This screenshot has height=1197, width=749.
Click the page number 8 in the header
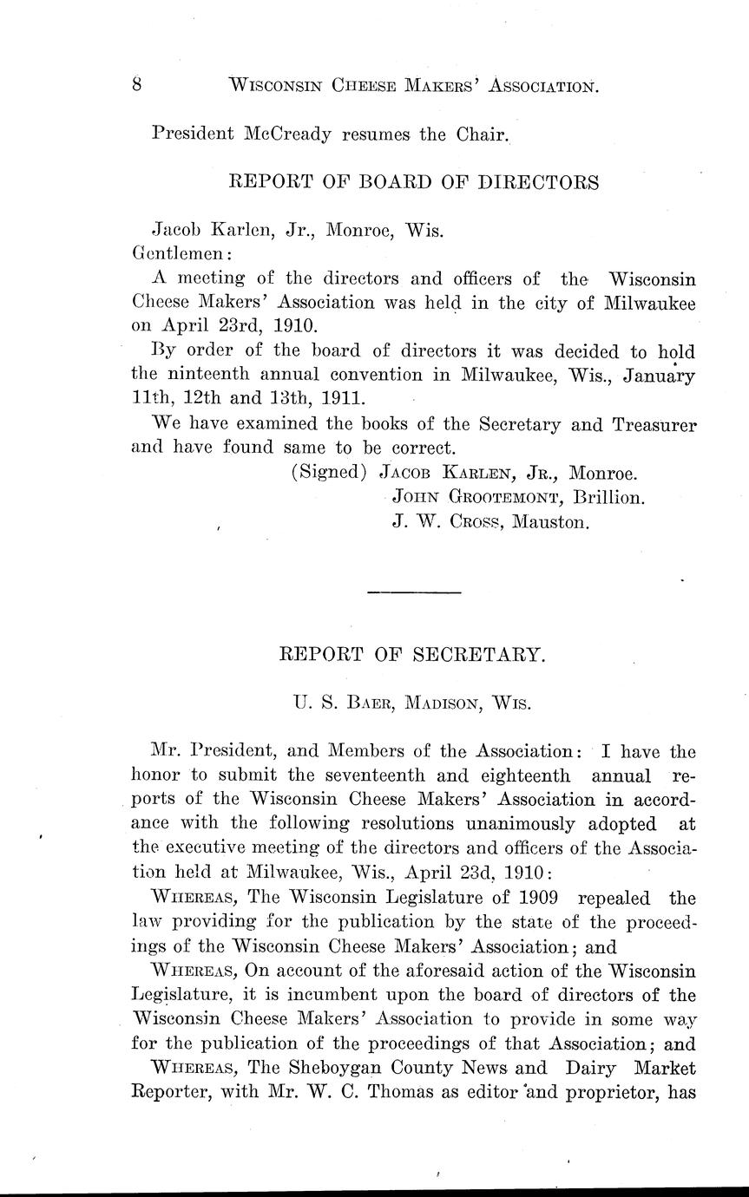tap(137, 85)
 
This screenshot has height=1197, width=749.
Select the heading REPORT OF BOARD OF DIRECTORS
tap(413, 183)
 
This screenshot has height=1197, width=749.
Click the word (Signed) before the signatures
tap(329, 474)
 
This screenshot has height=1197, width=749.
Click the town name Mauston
tap(550, 523)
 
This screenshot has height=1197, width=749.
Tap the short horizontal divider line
tap(414, 592)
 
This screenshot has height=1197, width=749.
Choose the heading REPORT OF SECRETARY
tap(413, 656)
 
